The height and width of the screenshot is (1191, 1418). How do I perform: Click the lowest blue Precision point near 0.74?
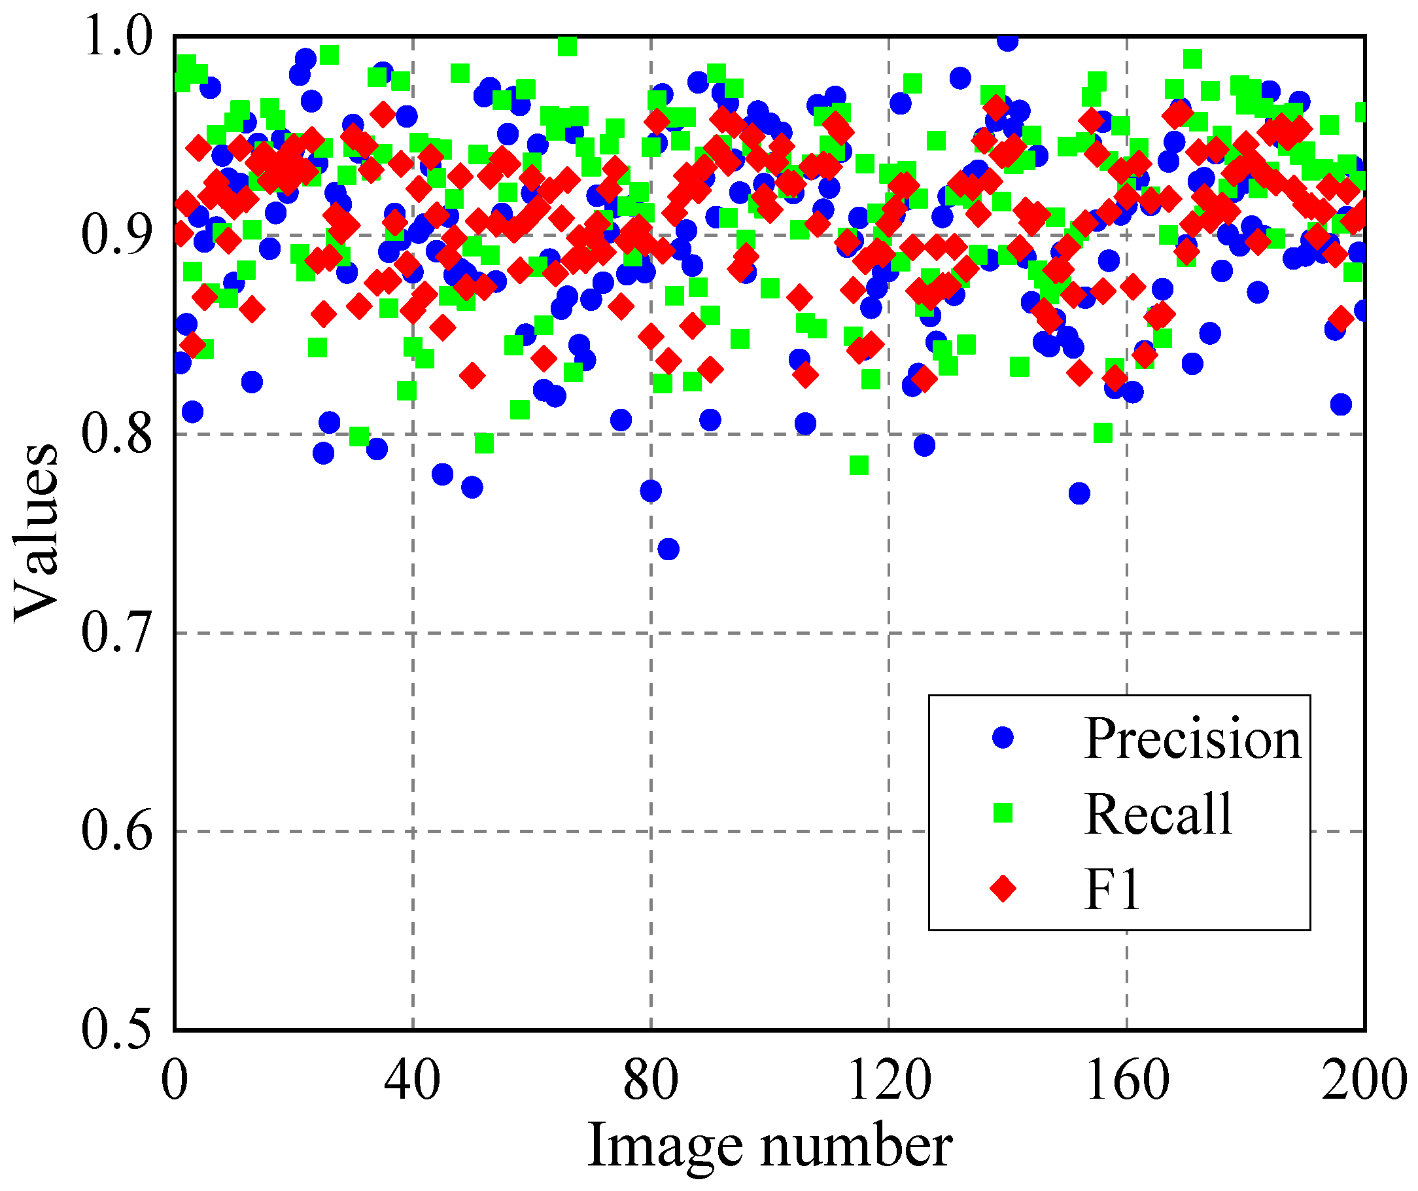tap(668, 549)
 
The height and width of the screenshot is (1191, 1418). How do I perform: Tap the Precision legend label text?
tap(1192, 738)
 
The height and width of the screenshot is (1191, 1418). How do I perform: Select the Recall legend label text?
tap(1159, 814)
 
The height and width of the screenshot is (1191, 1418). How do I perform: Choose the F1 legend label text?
tap(1112, 889)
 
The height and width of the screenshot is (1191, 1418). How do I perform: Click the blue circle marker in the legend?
tap(1003, 738)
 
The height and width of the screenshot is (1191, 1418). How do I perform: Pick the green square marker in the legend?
tap(1003, 813)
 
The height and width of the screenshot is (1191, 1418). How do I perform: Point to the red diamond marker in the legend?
tap(1003, 889)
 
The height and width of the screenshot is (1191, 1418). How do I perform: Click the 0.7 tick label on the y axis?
tap(116, 633)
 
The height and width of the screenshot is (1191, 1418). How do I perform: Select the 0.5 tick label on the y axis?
tap(116, 1029)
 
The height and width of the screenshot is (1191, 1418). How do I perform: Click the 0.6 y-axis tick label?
tap(116, 831)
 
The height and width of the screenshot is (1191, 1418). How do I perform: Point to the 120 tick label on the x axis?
tap(889, 1080)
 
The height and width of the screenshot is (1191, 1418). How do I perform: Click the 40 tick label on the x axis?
tap(413, 1080)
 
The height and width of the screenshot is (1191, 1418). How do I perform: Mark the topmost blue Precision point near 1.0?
tap(1007, 41)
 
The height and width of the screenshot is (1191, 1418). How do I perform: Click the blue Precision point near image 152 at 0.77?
tap(1080, 494)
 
